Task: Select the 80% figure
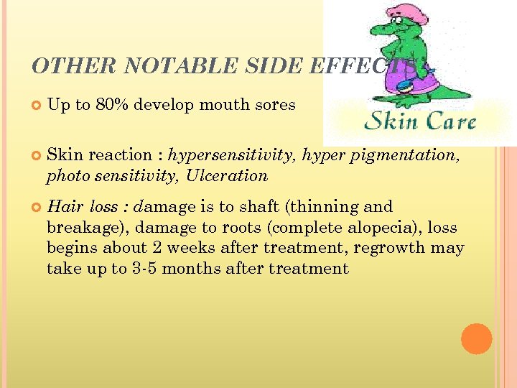(x=111, y=105)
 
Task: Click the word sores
(x=276, y=105)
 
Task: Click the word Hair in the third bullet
(x=65, y=207)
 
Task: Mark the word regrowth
(x=397, y=249)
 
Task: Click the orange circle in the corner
(x=477, y=338)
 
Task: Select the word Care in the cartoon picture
(x=446, y=121)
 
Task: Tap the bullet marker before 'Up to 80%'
(x=36, y=106)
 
